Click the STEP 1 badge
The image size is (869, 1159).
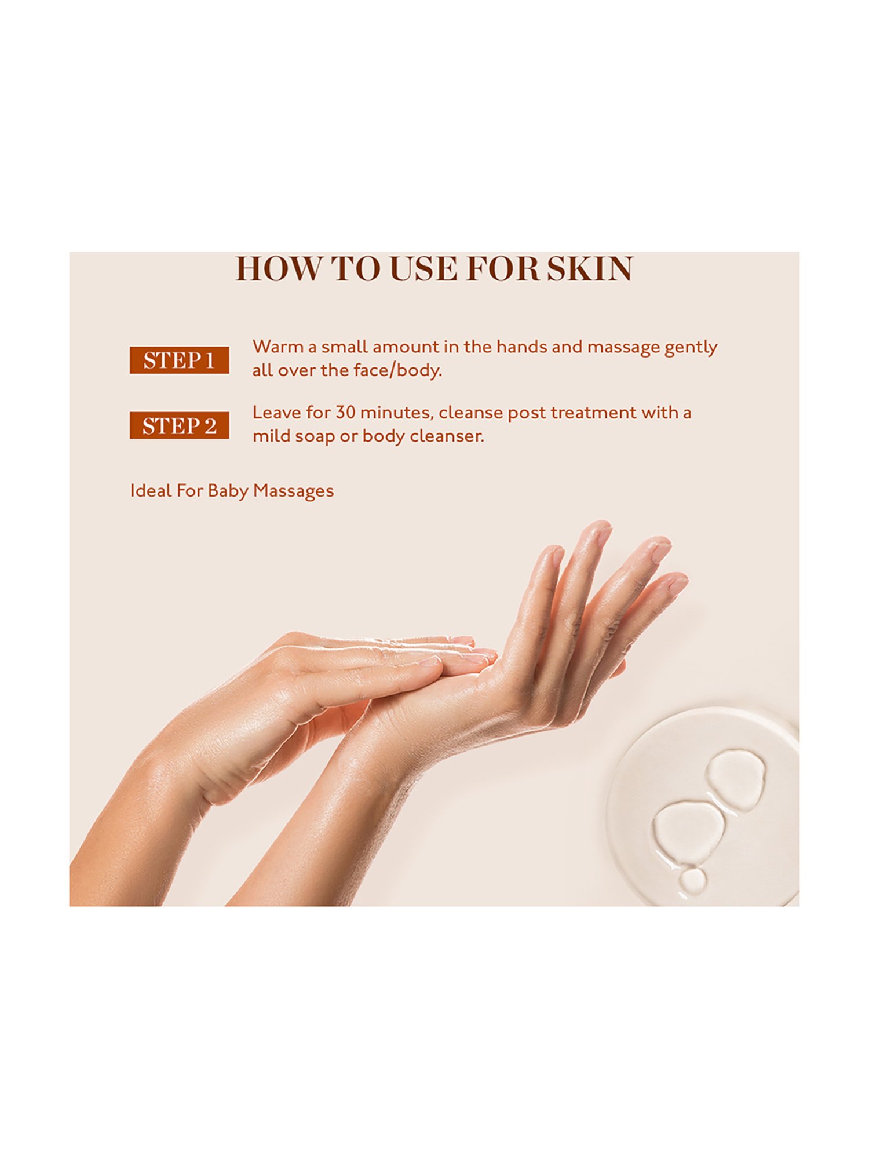point(179,360)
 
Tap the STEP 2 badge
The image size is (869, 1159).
point(179,425)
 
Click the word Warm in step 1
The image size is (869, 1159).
point(278,347)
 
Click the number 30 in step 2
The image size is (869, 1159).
point(345,413)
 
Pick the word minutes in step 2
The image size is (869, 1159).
point(396,413)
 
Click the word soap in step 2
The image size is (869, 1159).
point(315,437)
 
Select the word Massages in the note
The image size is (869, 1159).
point(293,492)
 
